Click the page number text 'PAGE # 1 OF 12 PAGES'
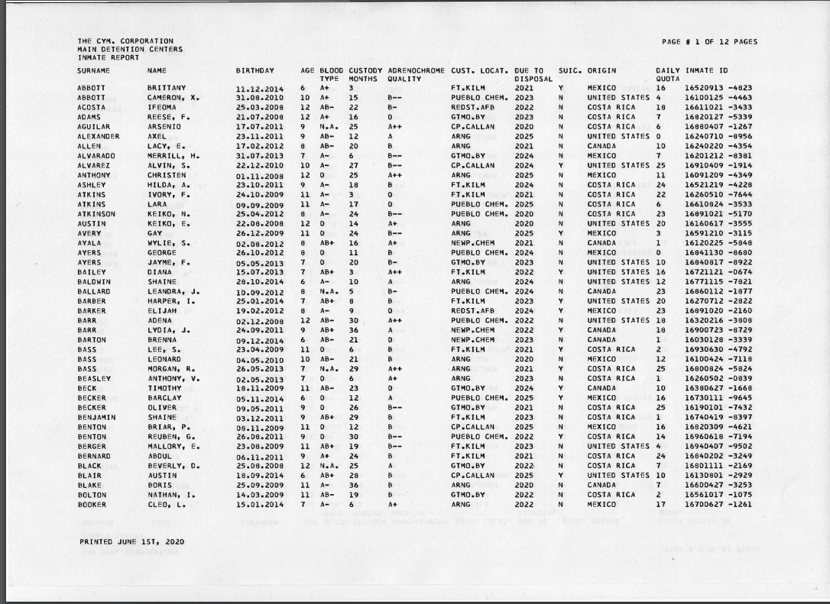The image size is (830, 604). pyautogui.click(x=709, y=42)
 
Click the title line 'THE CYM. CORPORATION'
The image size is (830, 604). pyautogui.click(x=125, y=41)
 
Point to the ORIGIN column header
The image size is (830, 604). pyautogui.click(x=601, y=70)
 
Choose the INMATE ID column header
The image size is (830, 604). pyautogui.click(x=705, y=70)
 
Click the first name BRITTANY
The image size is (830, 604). pyautogui.click(x=167, y=88)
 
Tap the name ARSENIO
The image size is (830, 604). pyautogui.click(x=164, y=126)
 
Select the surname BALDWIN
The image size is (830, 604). pyautogui.click(x=93, y=281)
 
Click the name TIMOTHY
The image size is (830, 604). pyautogui.click(x=164, y=388)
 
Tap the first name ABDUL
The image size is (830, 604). pyautogui.click(x=159, y=456)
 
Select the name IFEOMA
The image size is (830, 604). pyautogui.click(x=162, y=108)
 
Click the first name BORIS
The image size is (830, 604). pyautogui.click(x=159, y=485)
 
